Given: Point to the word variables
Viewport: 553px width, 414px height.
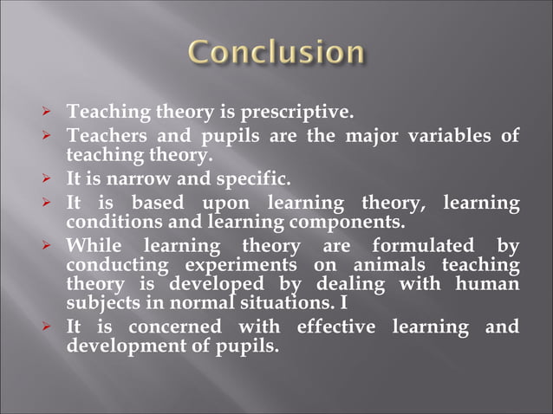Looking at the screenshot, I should [455, 137].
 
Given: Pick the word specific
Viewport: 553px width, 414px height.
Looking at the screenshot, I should [250, 181].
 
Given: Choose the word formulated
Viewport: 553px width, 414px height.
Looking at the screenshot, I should [424, 245].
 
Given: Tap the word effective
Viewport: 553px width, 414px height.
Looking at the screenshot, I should [335, 327].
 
